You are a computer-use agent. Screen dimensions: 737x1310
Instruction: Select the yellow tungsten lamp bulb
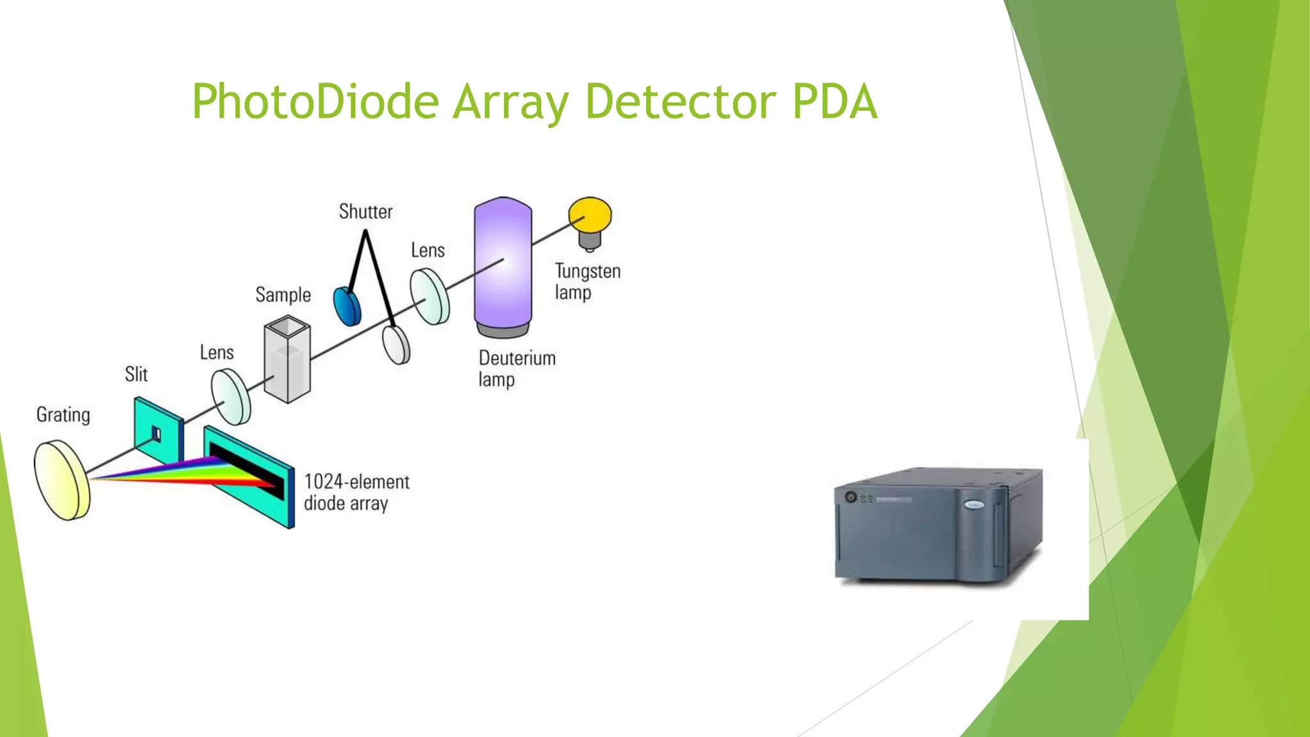[x=590, y=215]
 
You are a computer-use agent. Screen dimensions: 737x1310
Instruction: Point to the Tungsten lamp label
[x=587, y=281]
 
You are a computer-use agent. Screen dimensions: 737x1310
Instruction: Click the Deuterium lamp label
[x=516, y=368]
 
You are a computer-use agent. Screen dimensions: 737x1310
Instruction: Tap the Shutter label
[x=365, y=212]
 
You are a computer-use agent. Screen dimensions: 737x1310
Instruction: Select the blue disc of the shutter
[x=347, y=306]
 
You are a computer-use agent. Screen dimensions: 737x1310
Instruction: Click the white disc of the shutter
[x=397, y=345]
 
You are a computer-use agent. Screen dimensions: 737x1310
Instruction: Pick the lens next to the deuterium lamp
[x=429, y=296]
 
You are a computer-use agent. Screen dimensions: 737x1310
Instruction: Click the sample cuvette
[x=287, y=361]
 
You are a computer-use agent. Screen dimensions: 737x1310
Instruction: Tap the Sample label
[x=283, y=295]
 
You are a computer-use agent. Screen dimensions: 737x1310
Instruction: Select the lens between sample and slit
[x=231, y=397]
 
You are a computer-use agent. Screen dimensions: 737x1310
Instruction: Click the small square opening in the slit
[x=155, y=434]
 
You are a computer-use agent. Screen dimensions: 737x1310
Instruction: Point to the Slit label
[x=136, y=374]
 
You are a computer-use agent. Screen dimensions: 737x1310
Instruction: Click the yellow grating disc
[x=61, y=480]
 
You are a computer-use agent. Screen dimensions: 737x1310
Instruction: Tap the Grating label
[x=63, y=415]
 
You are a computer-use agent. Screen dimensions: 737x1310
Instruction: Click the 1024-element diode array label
[x=356, y=492]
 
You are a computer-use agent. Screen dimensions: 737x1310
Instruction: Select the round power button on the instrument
[x=851, y=496]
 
